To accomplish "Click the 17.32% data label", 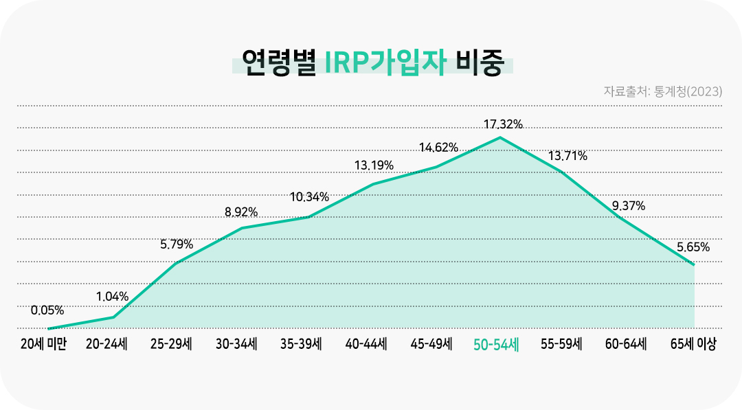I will (x=503, y=124).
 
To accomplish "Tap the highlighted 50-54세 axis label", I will (x=496, y=345).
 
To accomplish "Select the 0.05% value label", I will (x=47, y=310).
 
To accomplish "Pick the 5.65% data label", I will (x=693, y=247).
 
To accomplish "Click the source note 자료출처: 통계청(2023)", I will (x=662, y=91).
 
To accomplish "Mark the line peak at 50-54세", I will (x=500, y=137).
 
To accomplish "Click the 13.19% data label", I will (x=374, y=165).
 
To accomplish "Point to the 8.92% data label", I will (x=241, y=212).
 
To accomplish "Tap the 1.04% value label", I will (x=112, y=297).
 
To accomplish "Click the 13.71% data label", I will (x=567, y=156).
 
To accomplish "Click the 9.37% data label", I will (x=628, y=206).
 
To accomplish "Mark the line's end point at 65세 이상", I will (x=694, y=264).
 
